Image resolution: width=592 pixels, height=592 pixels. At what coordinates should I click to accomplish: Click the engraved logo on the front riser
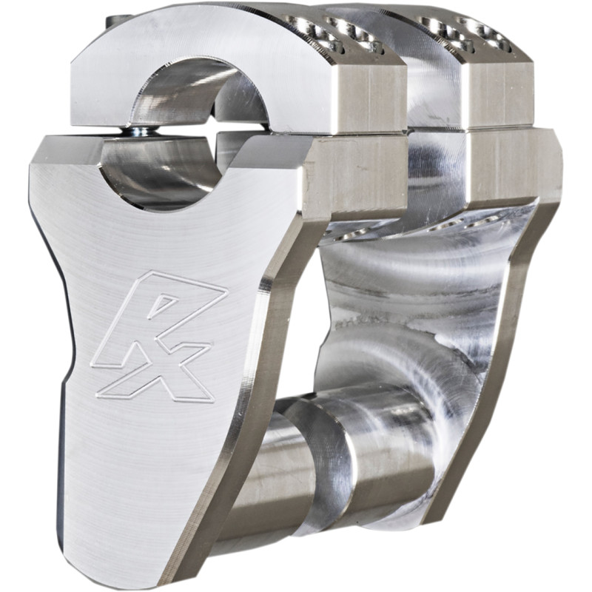pyautogui.click(x=158, y=337)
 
